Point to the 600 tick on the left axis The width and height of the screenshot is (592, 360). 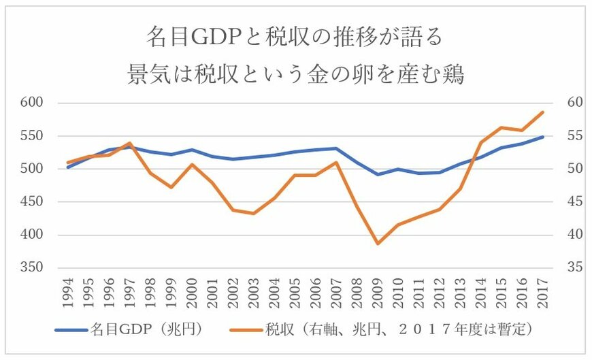point(31,103)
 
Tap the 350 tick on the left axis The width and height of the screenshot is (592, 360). point(31,268)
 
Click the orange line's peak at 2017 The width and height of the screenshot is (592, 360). point(544,112)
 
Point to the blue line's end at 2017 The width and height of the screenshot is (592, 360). point(544,137)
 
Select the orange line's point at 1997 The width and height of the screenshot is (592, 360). point(130,143)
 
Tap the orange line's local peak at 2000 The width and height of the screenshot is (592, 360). point(193,164)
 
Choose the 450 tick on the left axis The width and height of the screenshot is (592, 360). point(31,202)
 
